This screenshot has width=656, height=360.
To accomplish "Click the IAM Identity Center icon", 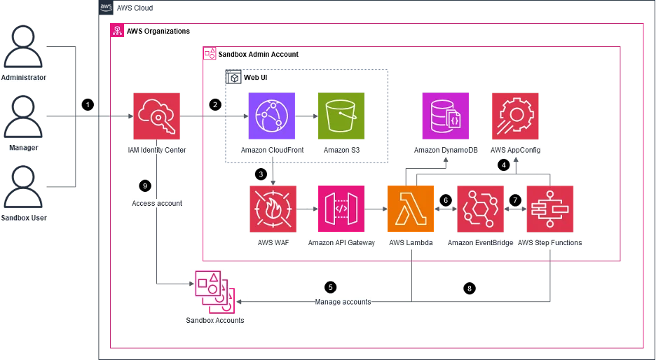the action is click(x=156, y=116).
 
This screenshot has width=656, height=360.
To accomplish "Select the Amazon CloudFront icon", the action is click(x=271, y=116).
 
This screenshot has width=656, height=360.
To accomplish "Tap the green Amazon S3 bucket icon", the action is click(x=341, y=116).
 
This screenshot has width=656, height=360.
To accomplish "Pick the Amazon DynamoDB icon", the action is click(x=446, y=116).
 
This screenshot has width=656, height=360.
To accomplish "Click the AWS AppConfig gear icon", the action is click(x=515, y=116).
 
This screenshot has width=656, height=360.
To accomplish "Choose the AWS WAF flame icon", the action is click(x=273, y=209).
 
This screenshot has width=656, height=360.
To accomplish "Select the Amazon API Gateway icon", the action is click(x=341, y=209).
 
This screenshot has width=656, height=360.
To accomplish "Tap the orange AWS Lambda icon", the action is click(x=411, y=209).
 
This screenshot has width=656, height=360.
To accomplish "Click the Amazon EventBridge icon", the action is click(x=480, y=209).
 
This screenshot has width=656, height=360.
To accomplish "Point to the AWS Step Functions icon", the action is click(x=549, y=209).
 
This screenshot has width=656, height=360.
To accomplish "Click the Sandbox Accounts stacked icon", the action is click(x=215, y=291).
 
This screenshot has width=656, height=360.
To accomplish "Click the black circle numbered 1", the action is click(x=88, y=105).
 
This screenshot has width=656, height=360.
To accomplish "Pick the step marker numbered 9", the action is click(x=145, y=186).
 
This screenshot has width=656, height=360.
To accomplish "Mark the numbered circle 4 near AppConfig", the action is click(x=503, y=165).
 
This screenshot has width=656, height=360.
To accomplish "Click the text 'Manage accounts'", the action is click(x=343, y=302).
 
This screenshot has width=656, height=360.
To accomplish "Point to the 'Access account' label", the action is click(x=157, y=204).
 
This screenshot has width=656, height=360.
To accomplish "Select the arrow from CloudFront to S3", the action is click(x=306, y=116).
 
